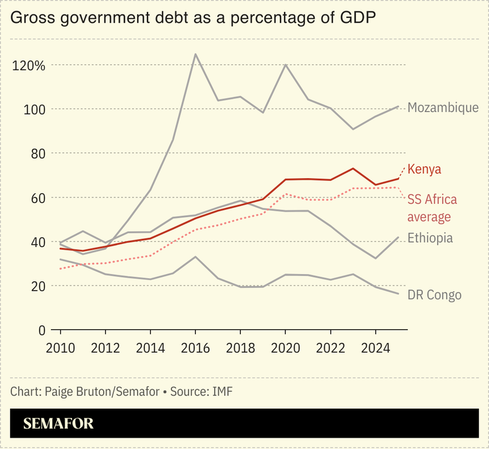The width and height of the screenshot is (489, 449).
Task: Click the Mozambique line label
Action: point(443,107)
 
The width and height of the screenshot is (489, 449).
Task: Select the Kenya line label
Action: point(424,170)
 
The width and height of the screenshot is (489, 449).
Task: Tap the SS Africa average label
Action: point(432,208)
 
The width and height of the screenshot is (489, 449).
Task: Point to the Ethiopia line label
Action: point(430,238)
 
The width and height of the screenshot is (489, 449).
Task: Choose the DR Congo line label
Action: point(434,295)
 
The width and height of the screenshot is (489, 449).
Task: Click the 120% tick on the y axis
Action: point(28,65)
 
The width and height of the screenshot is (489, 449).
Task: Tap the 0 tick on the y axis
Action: point(41,329)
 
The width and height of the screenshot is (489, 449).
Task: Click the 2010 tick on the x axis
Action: point(61,348)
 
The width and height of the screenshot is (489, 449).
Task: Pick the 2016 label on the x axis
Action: point(195,348)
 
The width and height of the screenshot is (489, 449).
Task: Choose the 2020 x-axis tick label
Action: point(285,348)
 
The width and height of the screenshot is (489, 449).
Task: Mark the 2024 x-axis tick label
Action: point(375,348)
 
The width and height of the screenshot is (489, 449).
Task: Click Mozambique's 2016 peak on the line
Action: point(195,54)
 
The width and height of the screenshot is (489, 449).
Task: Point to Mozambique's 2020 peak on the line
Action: point(285,65)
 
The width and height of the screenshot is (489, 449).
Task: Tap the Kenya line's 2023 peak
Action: point(353,168)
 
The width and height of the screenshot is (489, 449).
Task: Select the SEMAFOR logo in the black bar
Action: point(58,424)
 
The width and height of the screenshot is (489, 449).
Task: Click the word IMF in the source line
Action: point(222,391)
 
